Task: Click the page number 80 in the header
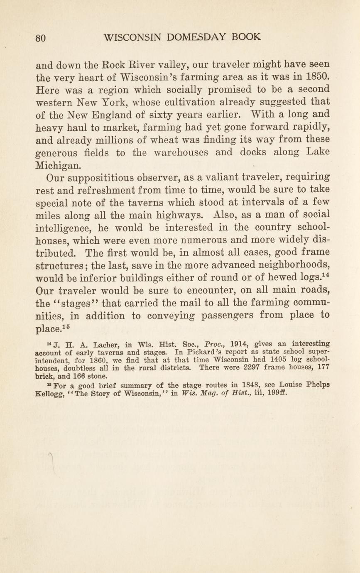click(x=40, y=37)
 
